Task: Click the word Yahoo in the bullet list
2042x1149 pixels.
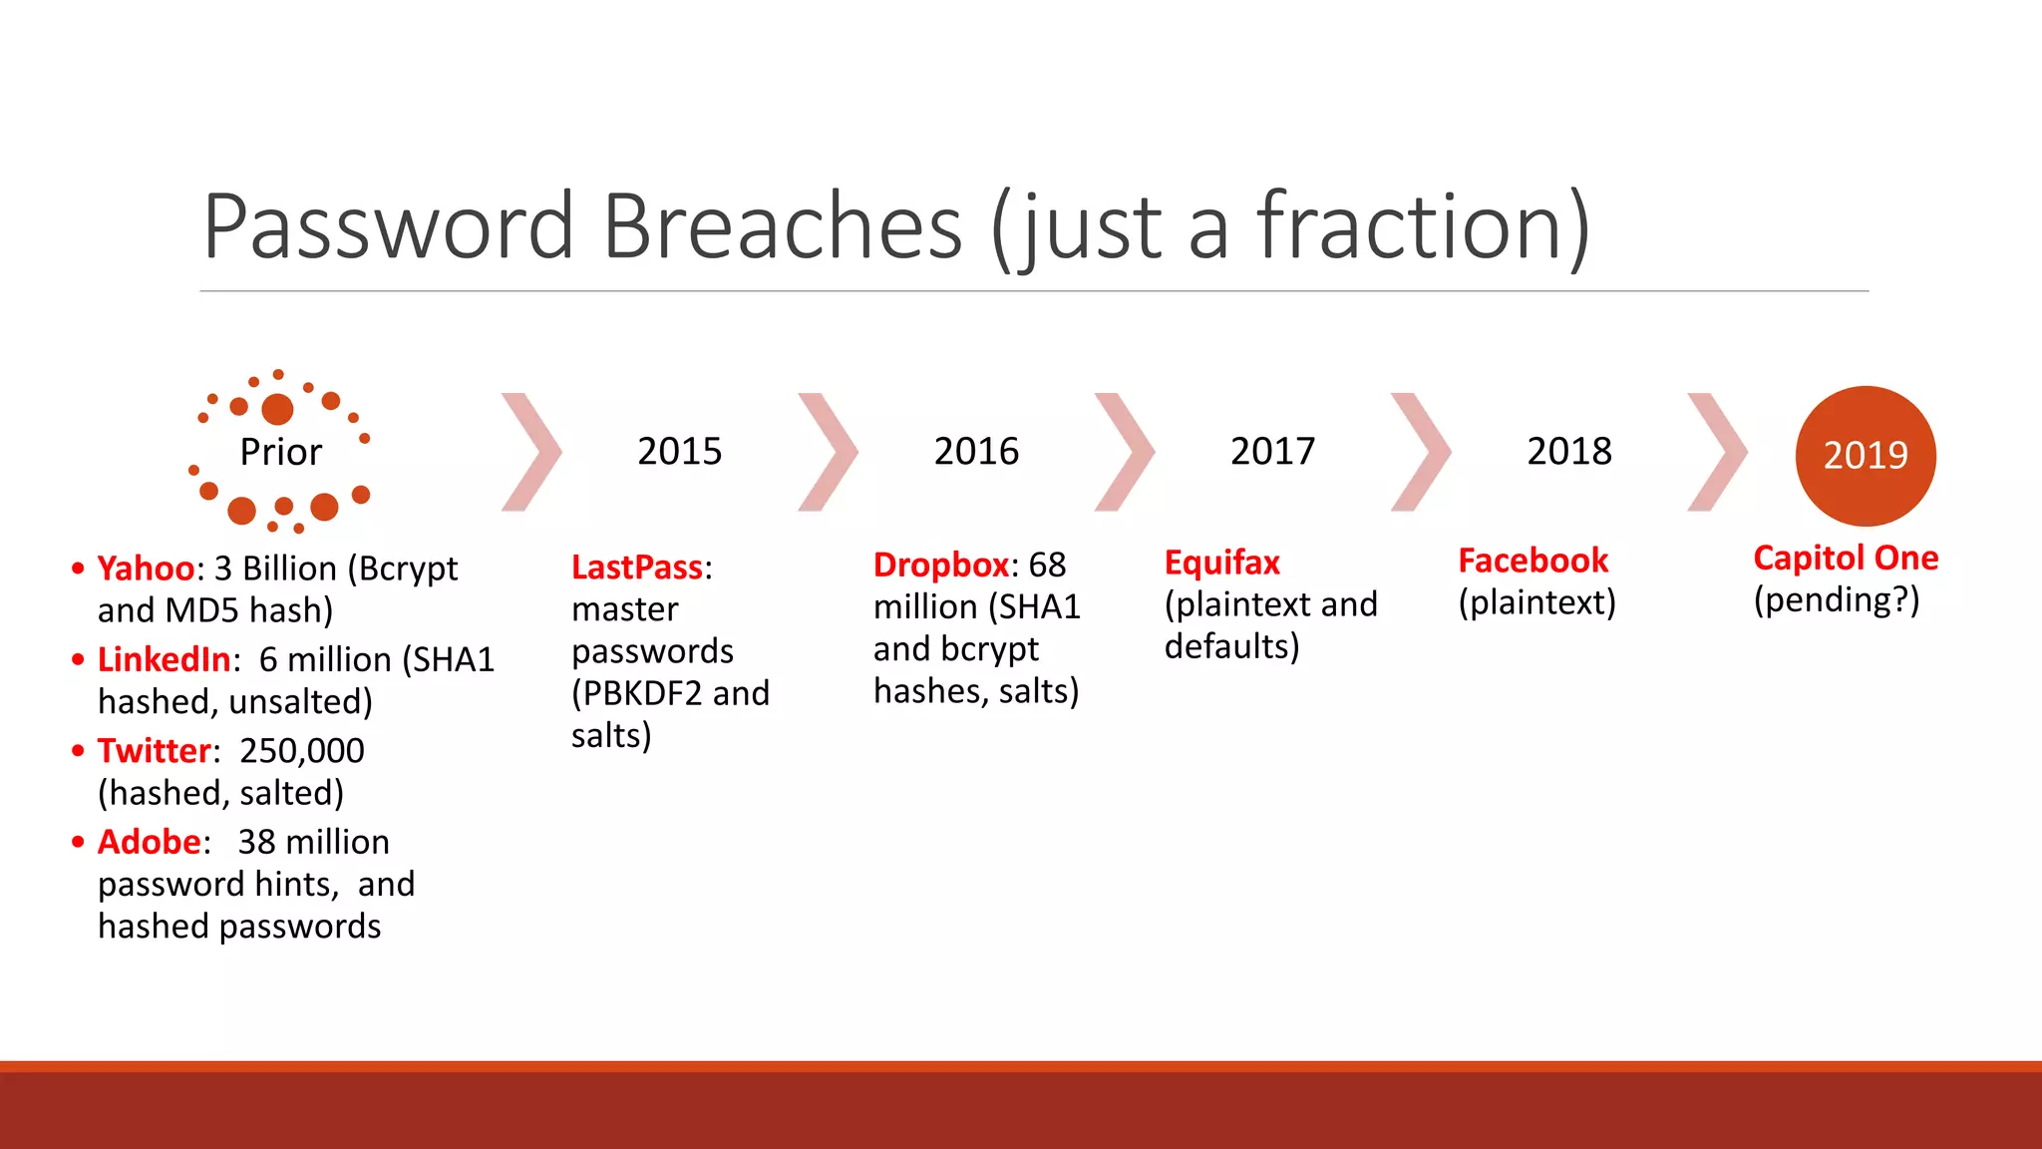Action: pyautogui.click(x=146, y=569)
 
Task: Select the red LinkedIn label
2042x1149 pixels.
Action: pyautogui.click(x=165, y=660)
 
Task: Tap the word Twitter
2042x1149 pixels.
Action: pyautogui.click(x=155, y=751)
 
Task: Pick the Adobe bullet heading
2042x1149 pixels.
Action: pyautogui.click(x=149, y=843)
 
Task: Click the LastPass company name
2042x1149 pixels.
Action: pyautogui.click(x=637, y=568)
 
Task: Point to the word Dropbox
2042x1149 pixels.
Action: pyautogui.click(x=941, y=566)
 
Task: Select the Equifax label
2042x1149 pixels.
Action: pyautogui.click(x=1221, y=564)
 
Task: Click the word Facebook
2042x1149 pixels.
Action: pyautogui.click(x=1532, y=562)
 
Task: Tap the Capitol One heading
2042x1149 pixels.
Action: pyautogui.click(x=1846, y=559)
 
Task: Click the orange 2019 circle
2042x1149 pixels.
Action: pyautogui.click(x=1866, y=456)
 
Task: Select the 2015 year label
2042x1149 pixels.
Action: pyautogui.click(x=679, y=452)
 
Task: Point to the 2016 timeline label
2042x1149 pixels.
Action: pyautogui.click(x=976, y=452)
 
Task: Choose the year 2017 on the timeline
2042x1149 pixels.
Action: pyautogui.click(x=1272, y=452)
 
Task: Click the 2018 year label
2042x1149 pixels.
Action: pyautogui.click(x=1569, y=452)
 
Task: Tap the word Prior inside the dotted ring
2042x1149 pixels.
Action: pyautogui.click(x=280, y=453)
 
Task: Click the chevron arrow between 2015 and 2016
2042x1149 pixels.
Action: pyautogui.click(x=829, y=452)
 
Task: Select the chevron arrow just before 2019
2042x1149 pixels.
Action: pyautogui.click(x=1717, y=452)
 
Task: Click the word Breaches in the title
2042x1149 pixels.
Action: pyautogui.click(x=783, y=226)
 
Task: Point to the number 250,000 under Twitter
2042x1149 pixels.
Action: pyautogui.click(x=302, y=751)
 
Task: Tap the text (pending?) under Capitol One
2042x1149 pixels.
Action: pyautogui.click(x=1837, y=600)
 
